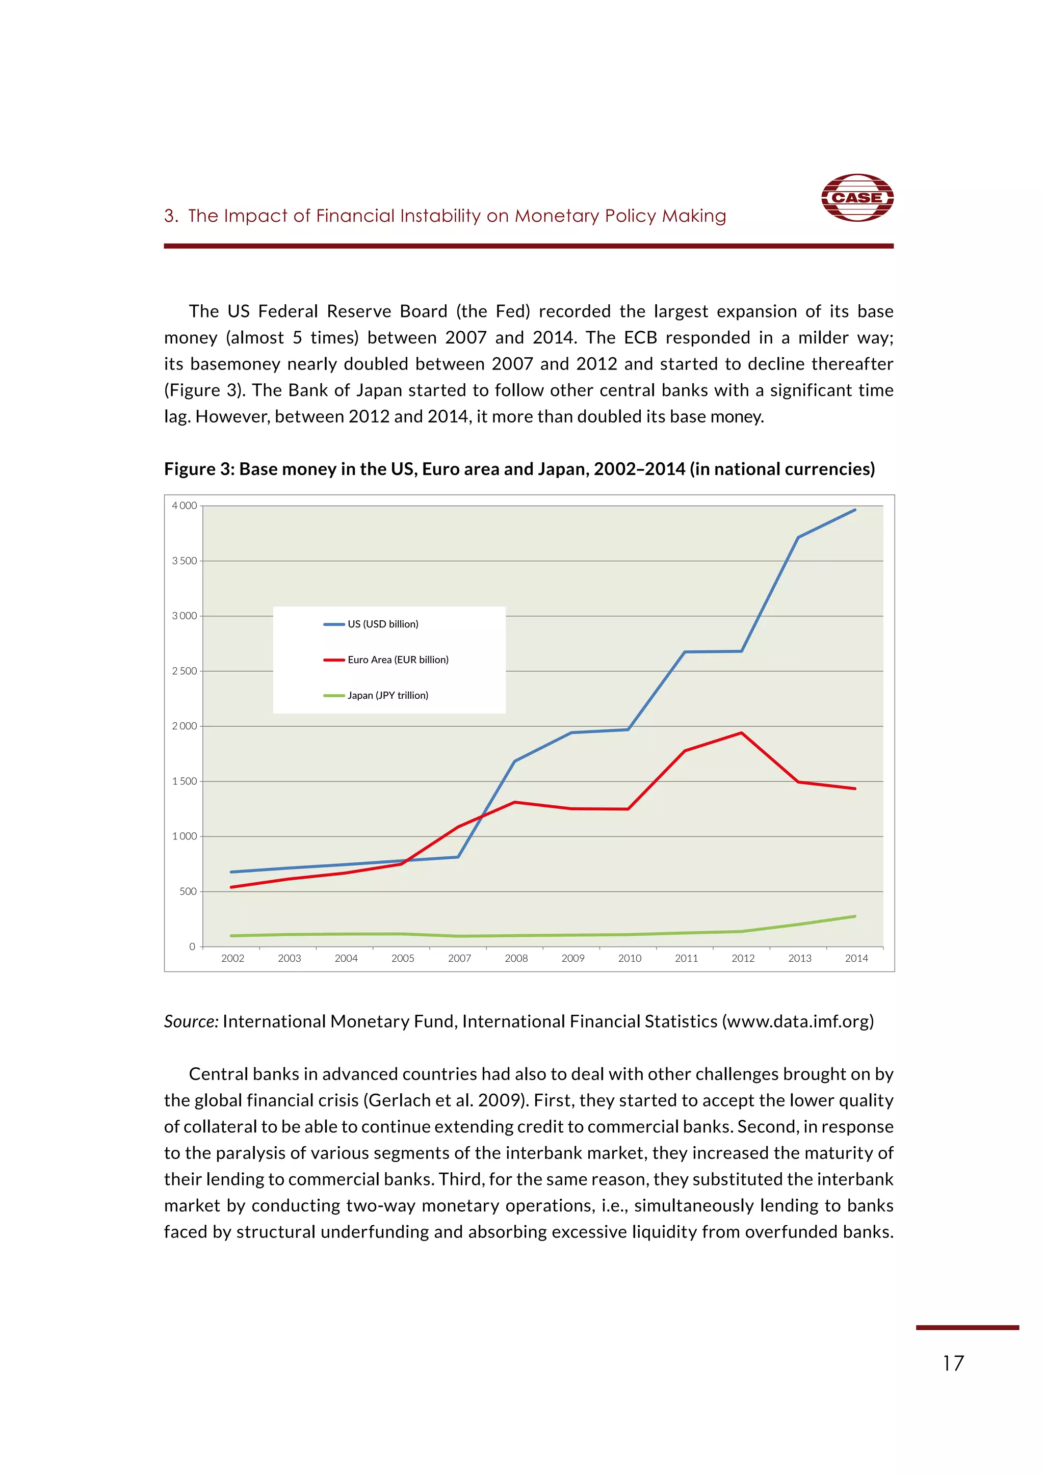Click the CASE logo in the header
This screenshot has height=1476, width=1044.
point(857,197)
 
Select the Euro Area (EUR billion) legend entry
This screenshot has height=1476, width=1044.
point(397,660)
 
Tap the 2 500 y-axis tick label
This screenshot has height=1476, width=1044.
point(184,671)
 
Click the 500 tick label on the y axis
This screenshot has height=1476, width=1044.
point(188,891)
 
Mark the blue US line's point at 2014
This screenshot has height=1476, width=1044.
point(855,510)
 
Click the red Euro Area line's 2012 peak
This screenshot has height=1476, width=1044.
point(741,733)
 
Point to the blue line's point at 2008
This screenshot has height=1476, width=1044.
point(515,761)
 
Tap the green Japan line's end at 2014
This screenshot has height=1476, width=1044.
point(855,916)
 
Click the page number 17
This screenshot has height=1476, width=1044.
point(953,1363)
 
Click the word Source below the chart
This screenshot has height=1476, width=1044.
point(190,1021)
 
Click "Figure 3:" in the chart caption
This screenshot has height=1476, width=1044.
point(199,469)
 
